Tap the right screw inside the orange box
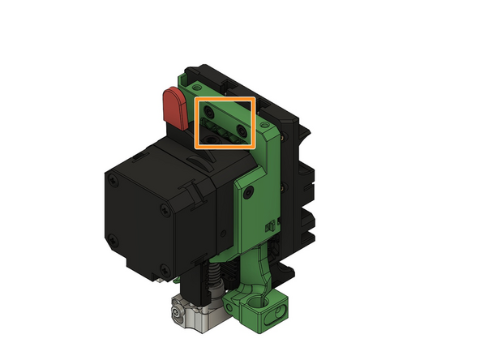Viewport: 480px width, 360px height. coord(242,127)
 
